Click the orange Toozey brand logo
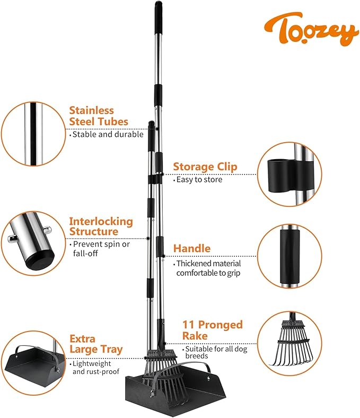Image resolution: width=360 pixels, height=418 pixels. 312,29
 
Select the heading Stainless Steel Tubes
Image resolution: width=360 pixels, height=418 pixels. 99,116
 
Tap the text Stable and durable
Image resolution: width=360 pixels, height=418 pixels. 108,134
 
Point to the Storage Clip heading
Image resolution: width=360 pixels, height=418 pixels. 205,167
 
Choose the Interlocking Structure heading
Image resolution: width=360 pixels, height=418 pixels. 101,227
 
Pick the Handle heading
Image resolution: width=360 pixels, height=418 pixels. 192,248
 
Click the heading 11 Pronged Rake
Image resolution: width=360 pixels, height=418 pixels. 212,330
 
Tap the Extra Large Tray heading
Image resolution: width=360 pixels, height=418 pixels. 96,344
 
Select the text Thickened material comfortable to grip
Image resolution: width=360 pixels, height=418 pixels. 208,268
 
